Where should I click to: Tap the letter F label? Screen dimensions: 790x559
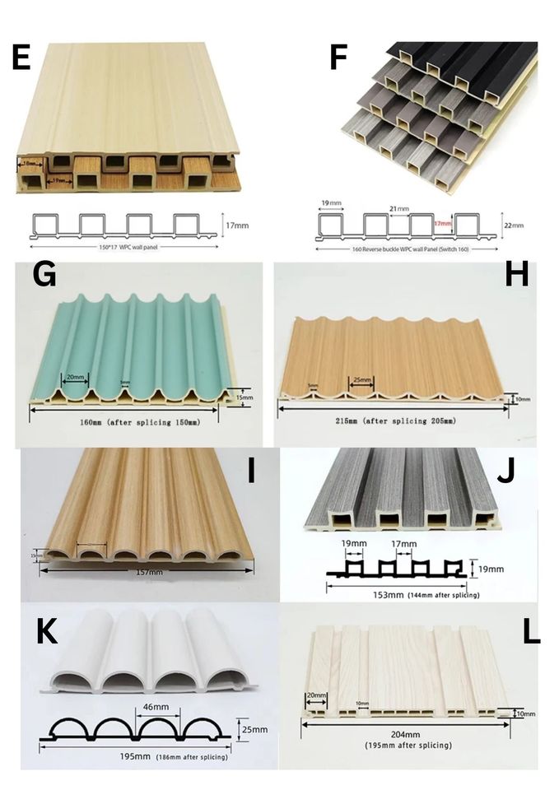click(x=338, y=58)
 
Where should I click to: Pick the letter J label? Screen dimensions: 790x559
click(x=508, y=472)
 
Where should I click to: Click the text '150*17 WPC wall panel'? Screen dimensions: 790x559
click(x=122, y=246)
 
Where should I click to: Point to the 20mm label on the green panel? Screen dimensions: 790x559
click(x=74, y=377)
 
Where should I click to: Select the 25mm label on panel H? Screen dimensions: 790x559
click(x=361, y=380)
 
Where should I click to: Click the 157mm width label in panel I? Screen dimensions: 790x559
click(x=148, y=571)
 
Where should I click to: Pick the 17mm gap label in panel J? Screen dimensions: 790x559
click(x=403, y=544)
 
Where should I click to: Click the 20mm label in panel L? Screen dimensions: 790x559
click(x=315, y=695)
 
